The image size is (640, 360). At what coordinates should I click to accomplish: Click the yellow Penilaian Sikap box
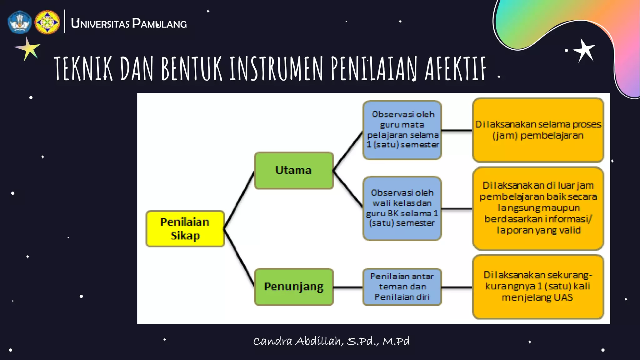(185, 229)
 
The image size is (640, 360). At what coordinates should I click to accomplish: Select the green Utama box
(293, 171)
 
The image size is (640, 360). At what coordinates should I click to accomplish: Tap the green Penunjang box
(293, 287)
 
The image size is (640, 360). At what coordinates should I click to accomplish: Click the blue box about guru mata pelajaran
(402, 130)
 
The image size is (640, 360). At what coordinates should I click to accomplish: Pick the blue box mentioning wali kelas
(402, 208)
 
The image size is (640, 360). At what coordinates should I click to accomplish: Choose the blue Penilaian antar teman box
(402, 287)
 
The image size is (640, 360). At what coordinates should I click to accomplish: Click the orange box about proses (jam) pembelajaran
(538, 130)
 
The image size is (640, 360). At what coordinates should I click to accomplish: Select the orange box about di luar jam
(538, 208)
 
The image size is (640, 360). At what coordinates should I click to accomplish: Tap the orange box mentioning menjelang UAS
(538, 287)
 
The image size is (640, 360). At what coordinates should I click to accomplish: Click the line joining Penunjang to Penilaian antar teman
(348, 287)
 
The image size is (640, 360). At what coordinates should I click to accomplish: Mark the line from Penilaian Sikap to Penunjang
(239, 257)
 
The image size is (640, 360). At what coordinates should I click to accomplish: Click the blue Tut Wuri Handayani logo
(20, 22)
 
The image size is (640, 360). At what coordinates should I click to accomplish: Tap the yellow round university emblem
(47, 22)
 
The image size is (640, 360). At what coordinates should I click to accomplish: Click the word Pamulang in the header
(159, 24)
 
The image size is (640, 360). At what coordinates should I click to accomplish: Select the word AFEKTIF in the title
(455, 69)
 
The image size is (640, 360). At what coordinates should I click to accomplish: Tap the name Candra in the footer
(272, 341)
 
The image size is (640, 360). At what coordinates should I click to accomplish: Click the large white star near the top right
(584, 50)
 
